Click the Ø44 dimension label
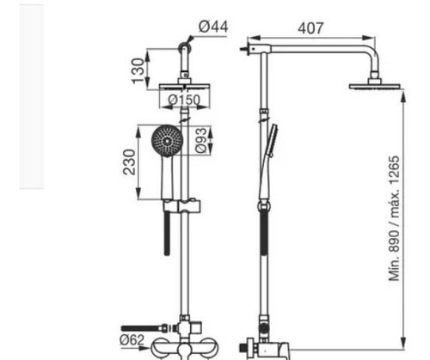[x=213, y=27]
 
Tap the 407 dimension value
[x=310, y=28]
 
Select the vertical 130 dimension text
[x=138, y=70]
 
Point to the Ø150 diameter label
[x=184, y=100]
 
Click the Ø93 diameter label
[x=201, y=140]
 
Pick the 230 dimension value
[x=129, y=162]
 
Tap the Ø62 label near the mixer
[x=132, y=340]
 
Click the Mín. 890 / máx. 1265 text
[x=394, y=218]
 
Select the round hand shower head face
[x=167, y=141]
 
